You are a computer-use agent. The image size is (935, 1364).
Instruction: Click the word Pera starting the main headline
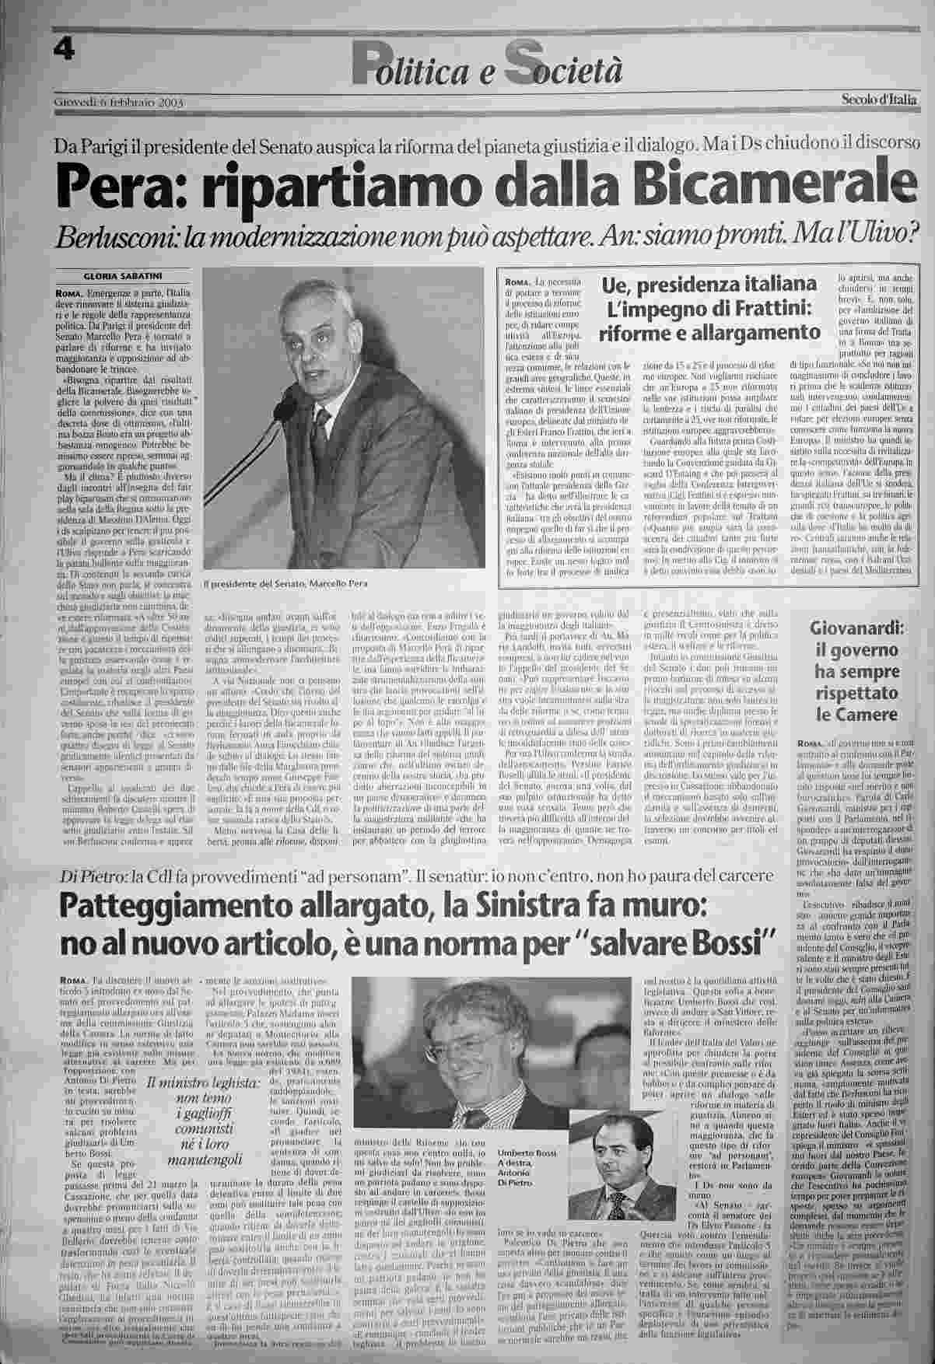point(101,184)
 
